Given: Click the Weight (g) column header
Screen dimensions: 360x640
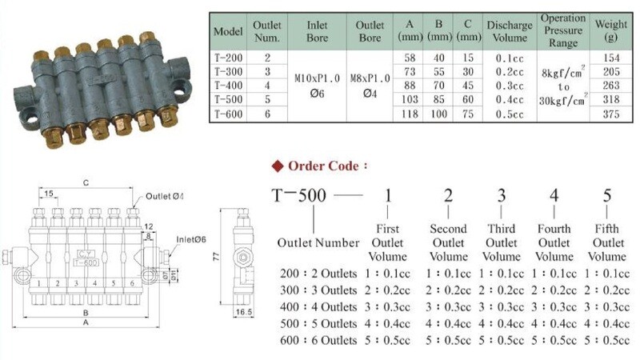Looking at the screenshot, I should [x=612, y=30].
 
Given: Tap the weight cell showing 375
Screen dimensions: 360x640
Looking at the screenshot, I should [x=612, y=114].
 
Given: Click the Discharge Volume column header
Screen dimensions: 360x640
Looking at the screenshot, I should [x=508, y=31].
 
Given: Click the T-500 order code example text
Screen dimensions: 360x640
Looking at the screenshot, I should [x=295, y=197].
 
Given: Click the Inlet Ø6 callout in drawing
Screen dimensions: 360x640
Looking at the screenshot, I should [x=192, y=238].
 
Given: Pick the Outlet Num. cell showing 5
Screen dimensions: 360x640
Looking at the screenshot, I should [x=267, y=100].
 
